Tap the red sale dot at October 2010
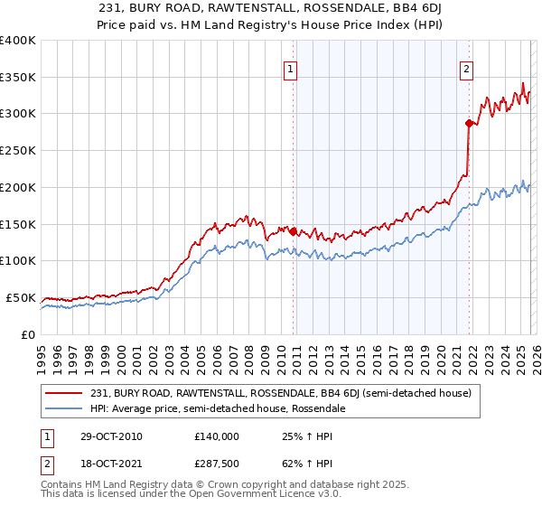294,231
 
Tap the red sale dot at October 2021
469,123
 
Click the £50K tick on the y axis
22,297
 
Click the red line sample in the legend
65,393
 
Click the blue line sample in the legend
65,408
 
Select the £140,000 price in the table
216,436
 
